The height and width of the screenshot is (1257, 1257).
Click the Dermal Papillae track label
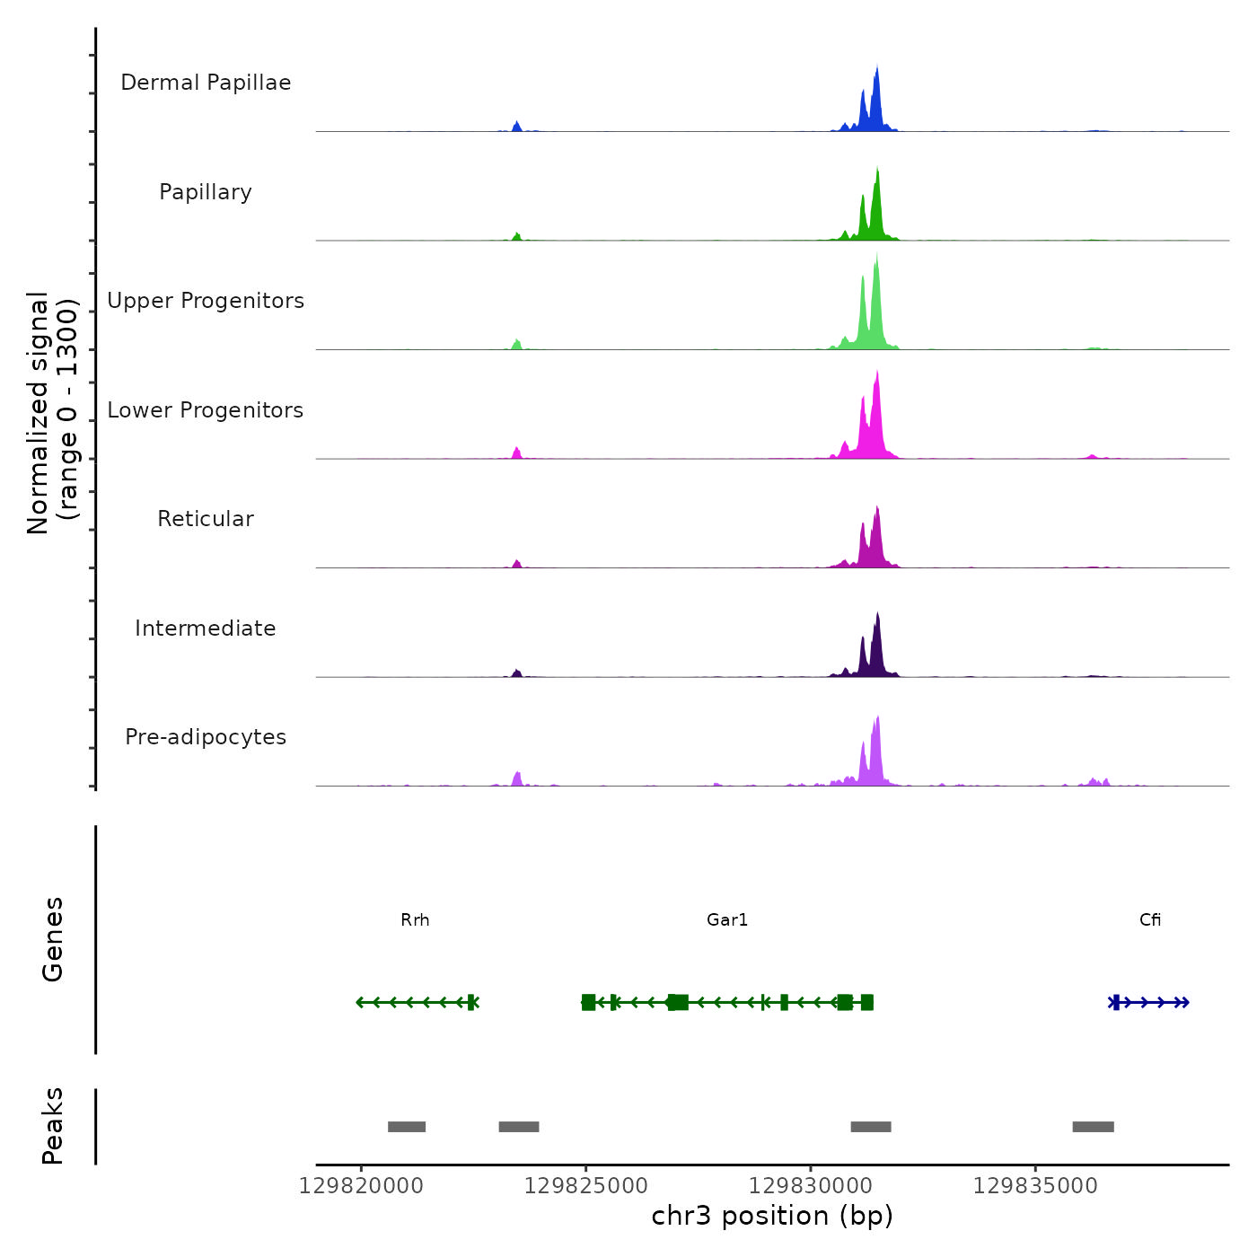[206, 83]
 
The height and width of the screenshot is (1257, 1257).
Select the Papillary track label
[206, 192]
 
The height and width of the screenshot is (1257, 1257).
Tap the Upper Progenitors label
[206, 301]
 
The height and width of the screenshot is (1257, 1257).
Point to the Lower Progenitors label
[206, 410]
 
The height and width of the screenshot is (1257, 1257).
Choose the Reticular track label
[206, 519]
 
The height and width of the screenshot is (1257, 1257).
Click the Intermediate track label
[206, 628]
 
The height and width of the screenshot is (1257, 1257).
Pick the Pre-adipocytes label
[206, 737]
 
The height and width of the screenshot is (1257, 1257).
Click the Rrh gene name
[415, 920]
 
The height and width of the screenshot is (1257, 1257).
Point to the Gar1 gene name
[727, 920]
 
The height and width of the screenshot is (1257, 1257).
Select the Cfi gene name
[1150, 920]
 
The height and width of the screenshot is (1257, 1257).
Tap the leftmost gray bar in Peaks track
[407, 1127]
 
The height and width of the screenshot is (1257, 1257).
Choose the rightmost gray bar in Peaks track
[1093, 1127]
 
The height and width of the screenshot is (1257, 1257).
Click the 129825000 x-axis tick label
[585, 1186]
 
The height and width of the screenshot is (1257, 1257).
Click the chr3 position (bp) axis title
[772, 1217]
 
